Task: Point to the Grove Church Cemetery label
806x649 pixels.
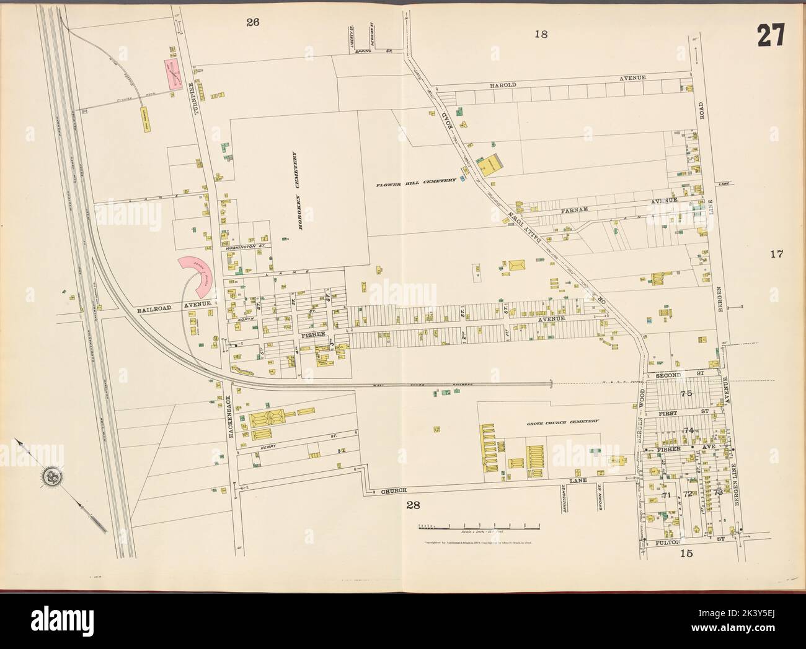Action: (563, 420)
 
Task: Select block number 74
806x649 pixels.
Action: (688, 430)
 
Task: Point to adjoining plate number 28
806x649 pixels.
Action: (414, 505)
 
